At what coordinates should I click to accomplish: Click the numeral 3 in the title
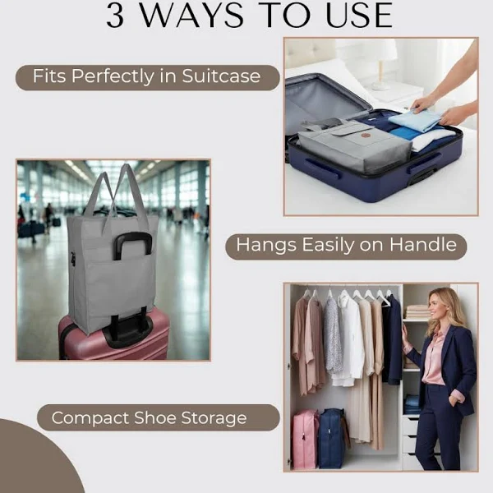[x=115, y=16]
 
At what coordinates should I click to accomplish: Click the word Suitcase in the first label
[x=221, y=76]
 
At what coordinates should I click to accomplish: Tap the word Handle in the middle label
[x=423, y=244]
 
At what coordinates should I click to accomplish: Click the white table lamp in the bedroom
[x=380, y=64]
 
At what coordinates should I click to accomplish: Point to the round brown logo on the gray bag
[x=365, y=136]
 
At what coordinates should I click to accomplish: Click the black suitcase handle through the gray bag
[x=132, y=245]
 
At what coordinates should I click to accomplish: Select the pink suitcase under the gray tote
[x=114, y=336]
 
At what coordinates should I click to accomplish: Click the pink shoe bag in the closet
[x=306, y=439]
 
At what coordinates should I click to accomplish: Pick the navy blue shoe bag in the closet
[x=332, y=438]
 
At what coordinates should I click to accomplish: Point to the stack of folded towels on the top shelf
[x=417, y=312]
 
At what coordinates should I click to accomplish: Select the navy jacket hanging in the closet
[x=392, y=339]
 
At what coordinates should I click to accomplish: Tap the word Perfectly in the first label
[x=113, y=76]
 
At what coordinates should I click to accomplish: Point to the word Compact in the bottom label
[x=90, y=418]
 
